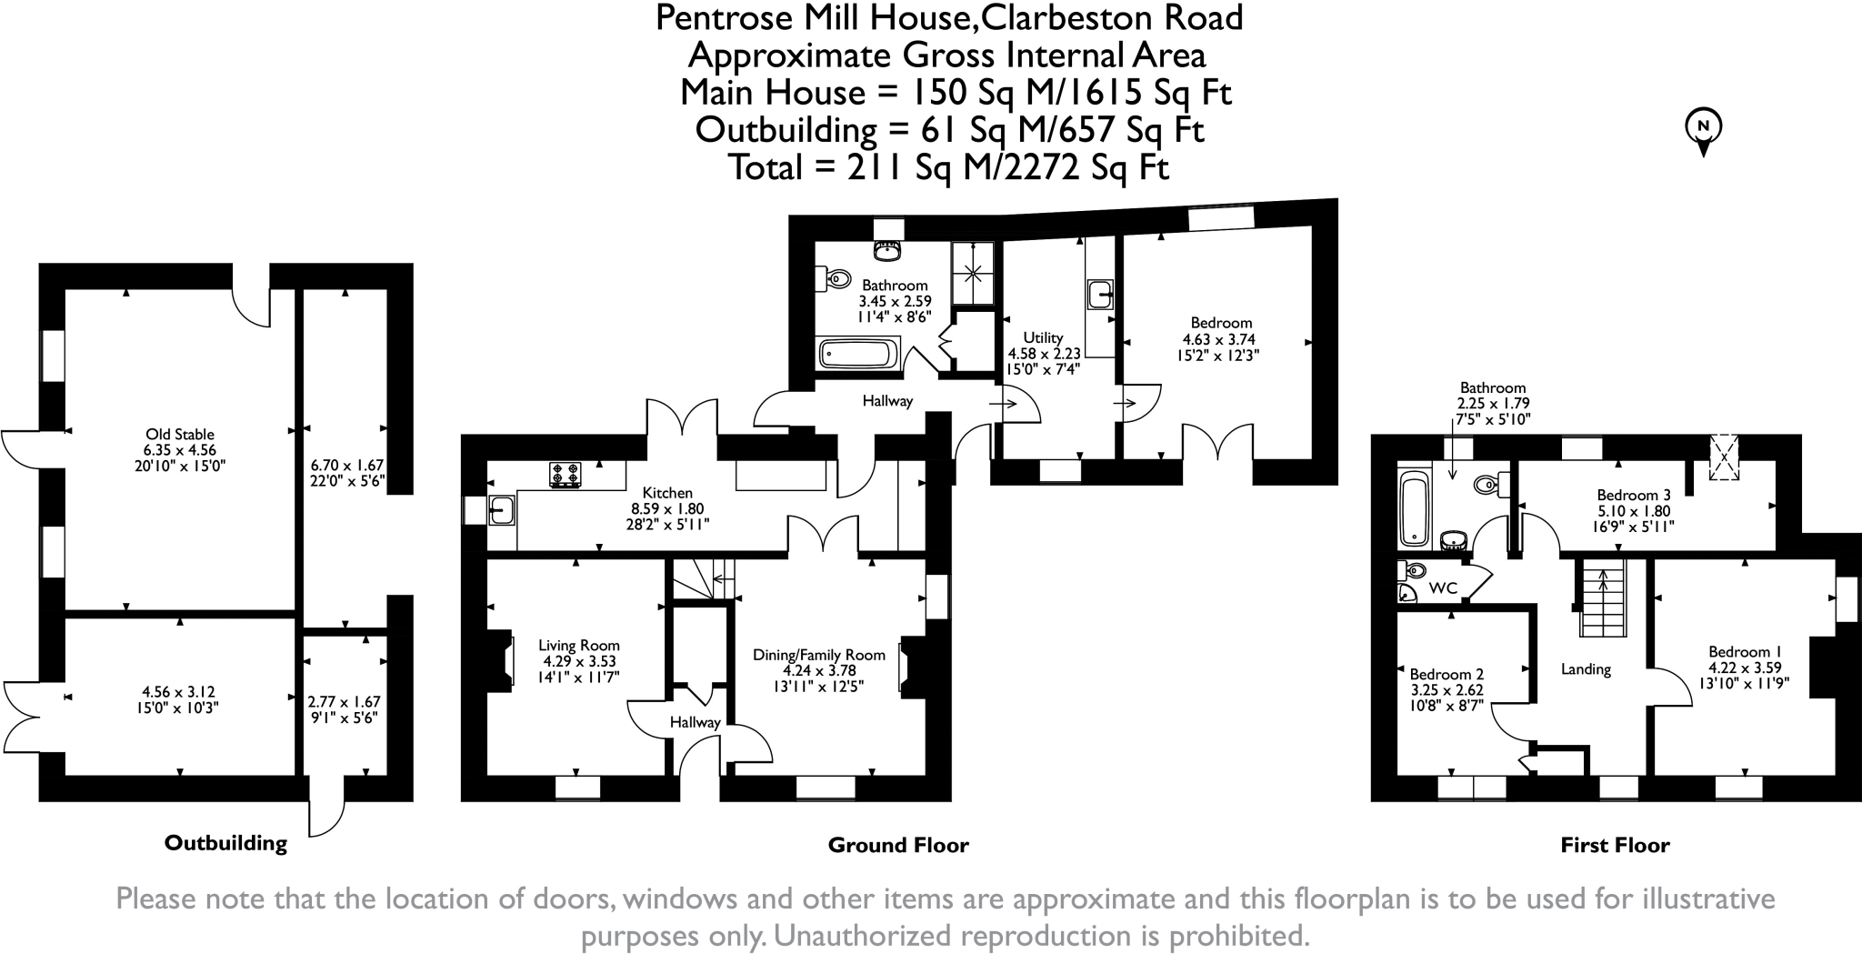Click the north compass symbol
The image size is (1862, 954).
click(x=1704, y=130)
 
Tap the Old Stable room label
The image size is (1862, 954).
click(x=180, y=434)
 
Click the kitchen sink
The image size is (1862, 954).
click(x=500, y=510)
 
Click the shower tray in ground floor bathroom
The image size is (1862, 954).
click(x=973, y=272)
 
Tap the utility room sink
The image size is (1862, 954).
click(x=1100, y=295)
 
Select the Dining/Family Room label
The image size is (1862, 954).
click(x=818, y=655)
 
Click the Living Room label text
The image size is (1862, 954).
click(x=578, y=646)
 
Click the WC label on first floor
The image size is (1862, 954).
click(x=1443, y=588)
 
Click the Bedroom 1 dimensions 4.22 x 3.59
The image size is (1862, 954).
click(x=1744, y=668)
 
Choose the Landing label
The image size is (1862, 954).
click(x=1586, y=669)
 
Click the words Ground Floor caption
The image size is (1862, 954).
click(x=898, y=845)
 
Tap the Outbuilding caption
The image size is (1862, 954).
click(x=225, y=843)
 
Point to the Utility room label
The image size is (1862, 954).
click(x=1043, y=337)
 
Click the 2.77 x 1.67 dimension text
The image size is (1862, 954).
click(x=344, y=702)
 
